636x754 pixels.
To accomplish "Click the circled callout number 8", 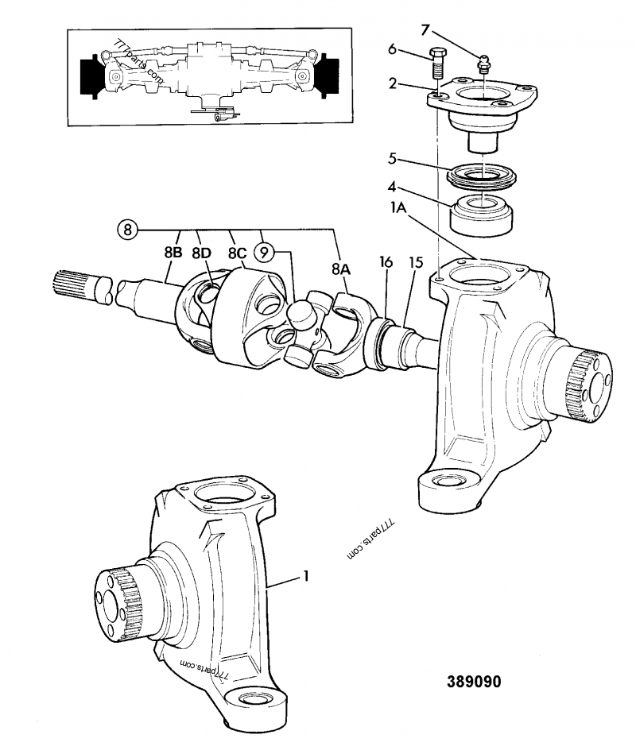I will pyautogui.click(x=128, y=230).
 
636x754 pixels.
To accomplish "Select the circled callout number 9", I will pyautogui.click(x=264, y=252).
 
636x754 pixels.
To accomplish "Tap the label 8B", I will pyautogui.click(x=174, y=253).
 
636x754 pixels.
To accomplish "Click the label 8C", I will pyautogui.click(x=235, y=253).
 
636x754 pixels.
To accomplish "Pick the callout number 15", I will pyautogui.click(x=416, y=262).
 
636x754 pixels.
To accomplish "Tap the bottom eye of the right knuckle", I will pyautogui.click(x=441, y=486).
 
